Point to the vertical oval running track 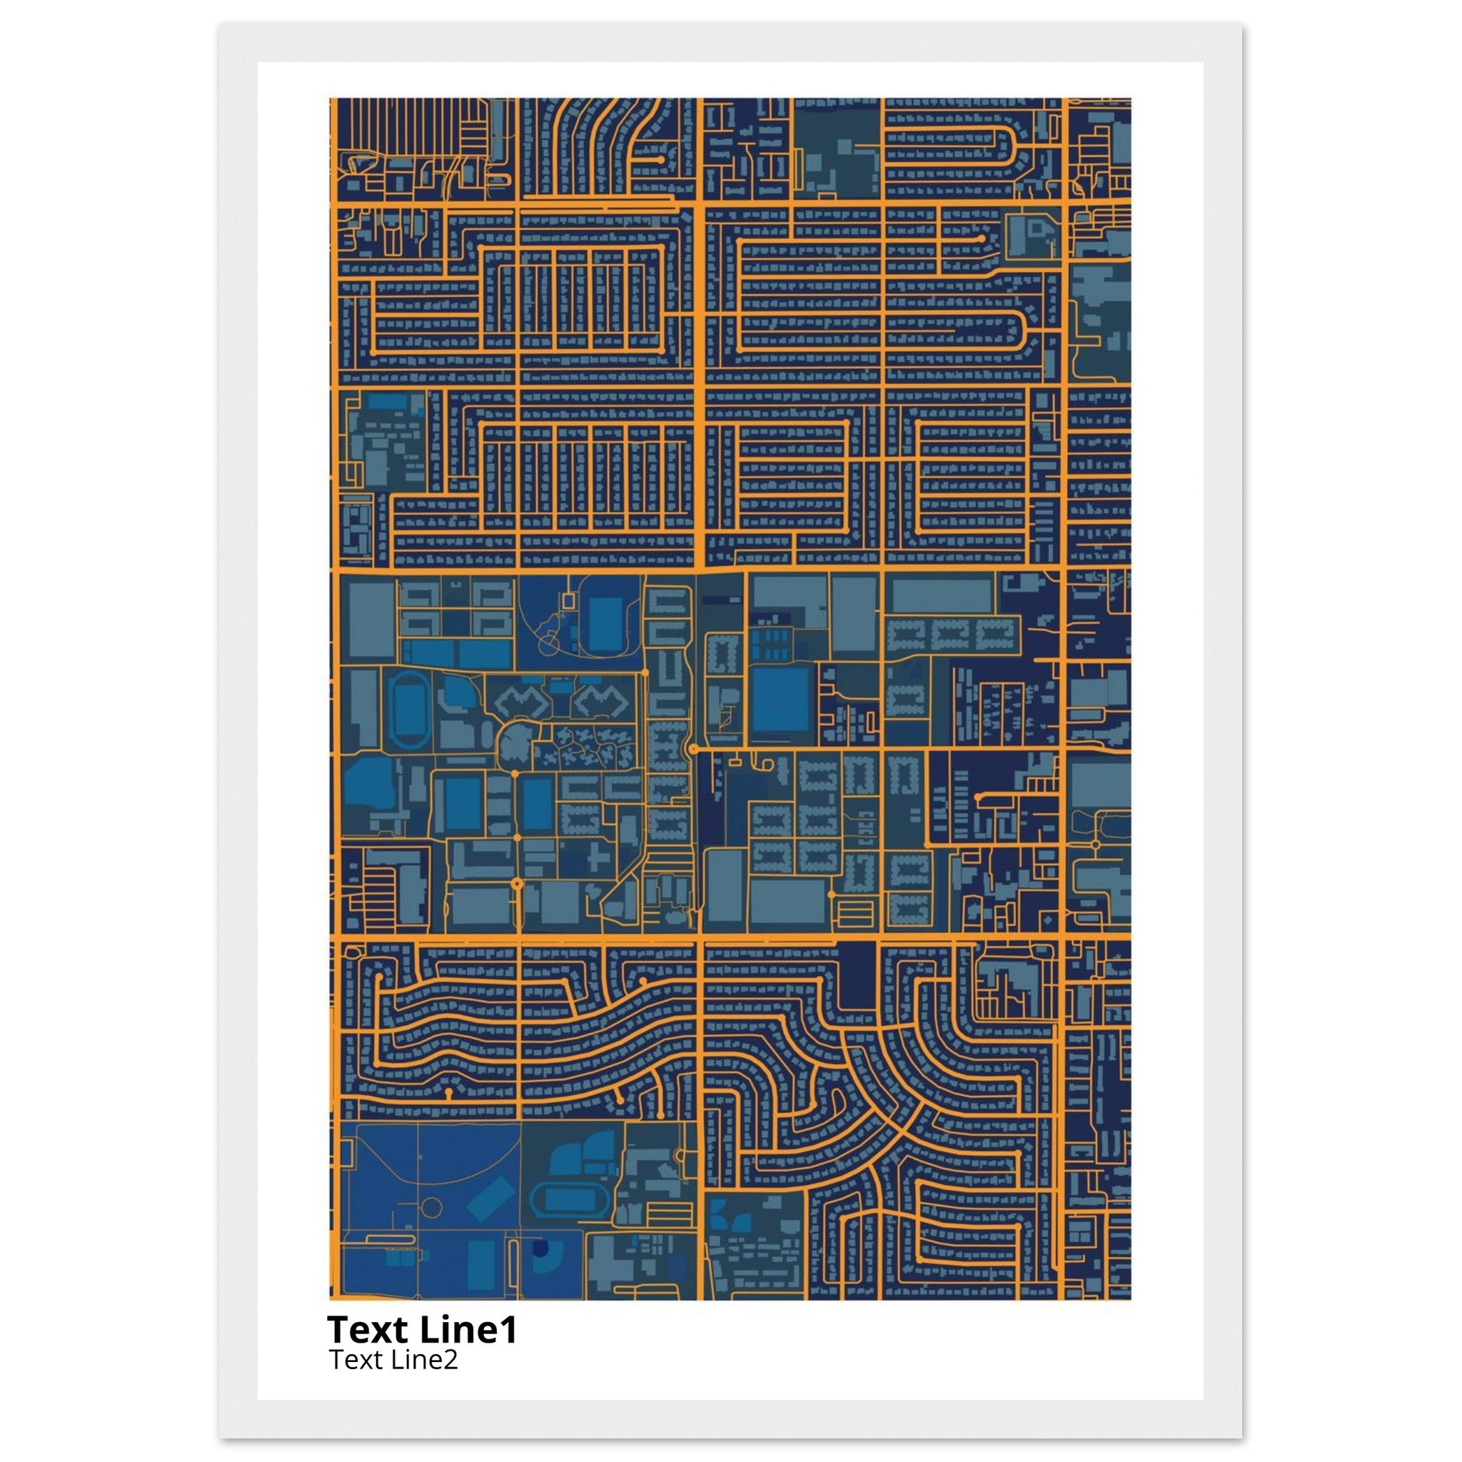point(407,709)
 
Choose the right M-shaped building point(601,702)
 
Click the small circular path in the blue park point(431,1206)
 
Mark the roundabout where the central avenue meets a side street point(692,748)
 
